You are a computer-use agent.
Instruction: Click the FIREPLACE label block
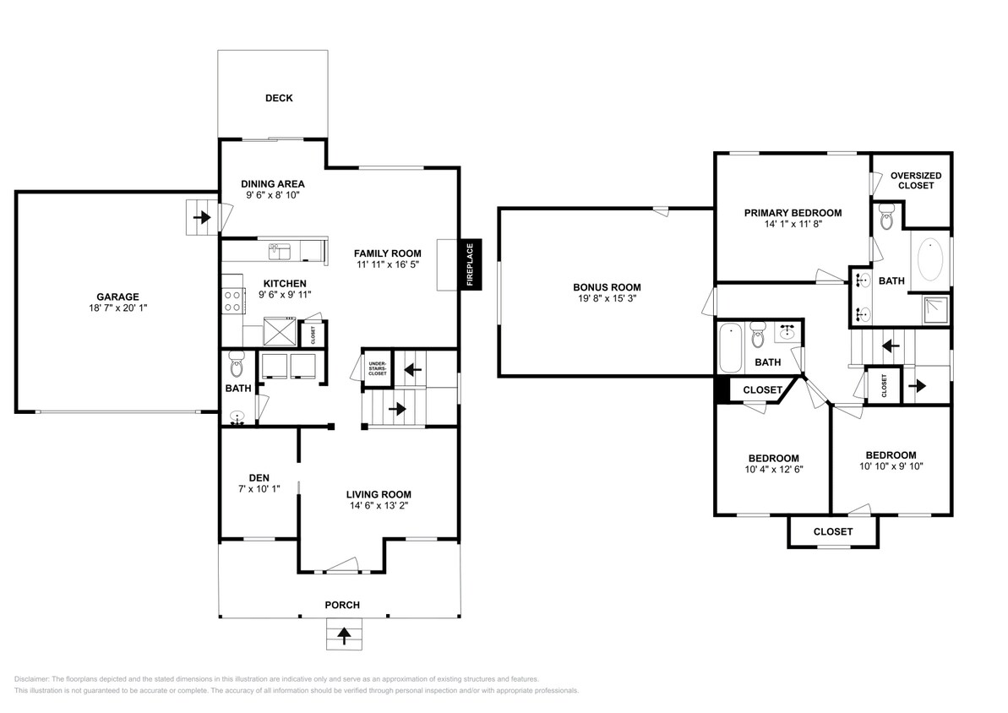(x=471, y=265)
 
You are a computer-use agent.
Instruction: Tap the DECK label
(x=279, y=98)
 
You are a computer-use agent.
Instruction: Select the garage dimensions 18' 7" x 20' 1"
(x=117, y=308)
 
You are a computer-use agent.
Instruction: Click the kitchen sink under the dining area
(x=280, y=251)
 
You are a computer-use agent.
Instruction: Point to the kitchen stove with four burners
(x=232, y=302)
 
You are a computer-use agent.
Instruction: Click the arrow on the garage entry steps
(x=202, y=218)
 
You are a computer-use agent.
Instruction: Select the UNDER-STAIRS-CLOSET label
(x=377, y=369)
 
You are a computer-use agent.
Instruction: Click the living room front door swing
(x=343, y=565)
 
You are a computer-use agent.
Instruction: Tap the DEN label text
(x=259, y=477)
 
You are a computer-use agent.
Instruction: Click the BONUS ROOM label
(x=607, y=287)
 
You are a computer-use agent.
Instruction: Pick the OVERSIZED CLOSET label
(x=916, y=181)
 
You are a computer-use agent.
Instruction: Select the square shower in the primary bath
(x=934, y=309)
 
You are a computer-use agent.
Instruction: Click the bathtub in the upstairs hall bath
(x=728, y=349)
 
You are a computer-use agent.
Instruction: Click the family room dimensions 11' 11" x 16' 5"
(x=387, y=264)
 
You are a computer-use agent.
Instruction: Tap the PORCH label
(x=342, y=605)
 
